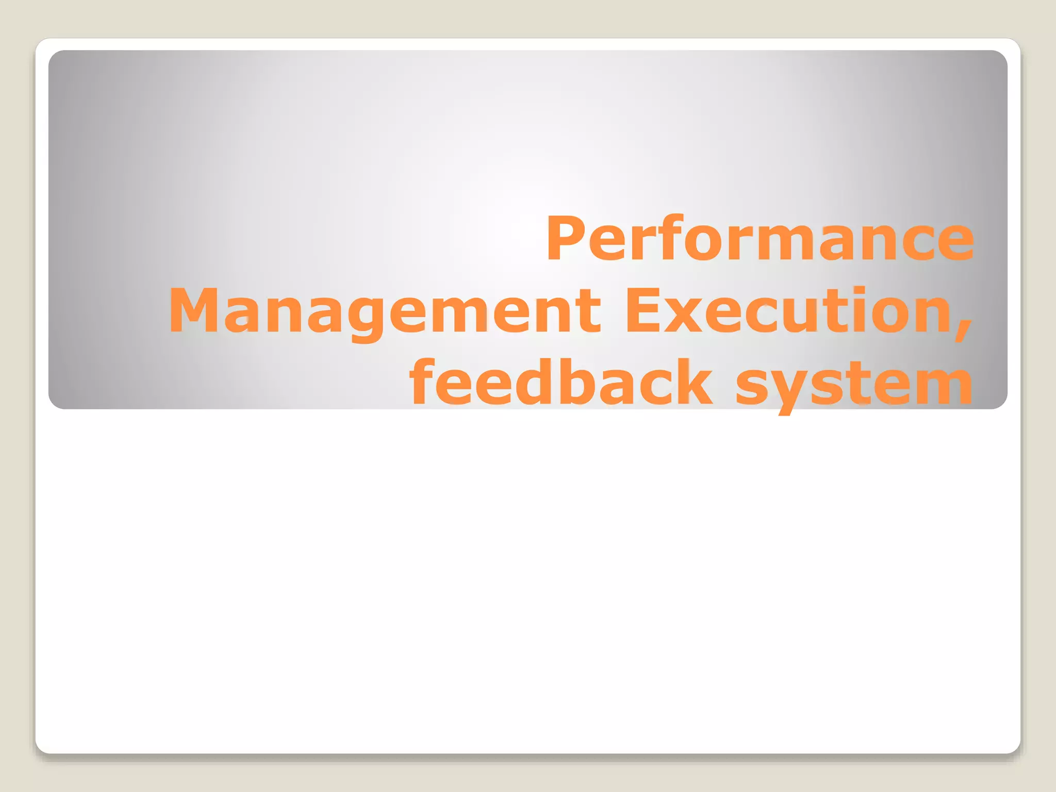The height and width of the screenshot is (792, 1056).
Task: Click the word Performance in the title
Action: coord(760,239)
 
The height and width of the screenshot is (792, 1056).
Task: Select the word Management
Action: coord(385,311)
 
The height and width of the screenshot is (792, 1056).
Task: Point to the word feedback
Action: coord(560,383)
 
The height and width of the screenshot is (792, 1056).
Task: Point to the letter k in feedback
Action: coord(692,383)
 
